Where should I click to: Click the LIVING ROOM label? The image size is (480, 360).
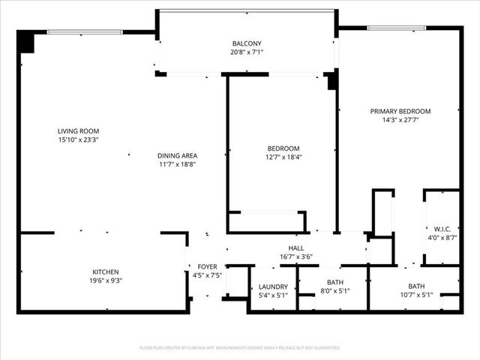point(78,130)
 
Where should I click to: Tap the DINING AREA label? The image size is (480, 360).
point(177,155)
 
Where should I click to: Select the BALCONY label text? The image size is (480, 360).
point(247,43)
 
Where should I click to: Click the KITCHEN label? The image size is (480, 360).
point(105,271)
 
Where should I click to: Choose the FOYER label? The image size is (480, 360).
point(206,266)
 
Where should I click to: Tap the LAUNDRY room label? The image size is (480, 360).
point(273,286)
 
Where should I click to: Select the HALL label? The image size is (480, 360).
point(295,247)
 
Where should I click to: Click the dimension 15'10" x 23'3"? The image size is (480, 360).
point(78,139)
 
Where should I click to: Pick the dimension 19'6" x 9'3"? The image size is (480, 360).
point(105,280)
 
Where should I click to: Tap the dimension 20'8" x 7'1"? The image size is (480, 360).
point(247,52)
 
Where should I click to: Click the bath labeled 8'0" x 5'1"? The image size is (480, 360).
point(334,290)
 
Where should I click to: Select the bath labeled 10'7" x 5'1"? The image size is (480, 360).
point(415,295)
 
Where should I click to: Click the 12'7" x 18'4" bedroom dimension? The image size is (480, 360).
point(283,157)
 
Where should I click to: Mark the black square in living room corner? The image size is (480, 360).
point(26,41)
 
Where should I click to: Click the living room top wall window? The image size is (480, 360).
point(85,31)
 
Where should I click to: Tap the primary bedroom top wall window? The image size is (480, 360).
point(397,28)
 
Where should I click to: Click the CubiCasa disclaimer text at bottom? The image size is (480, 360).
point(240,348)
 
